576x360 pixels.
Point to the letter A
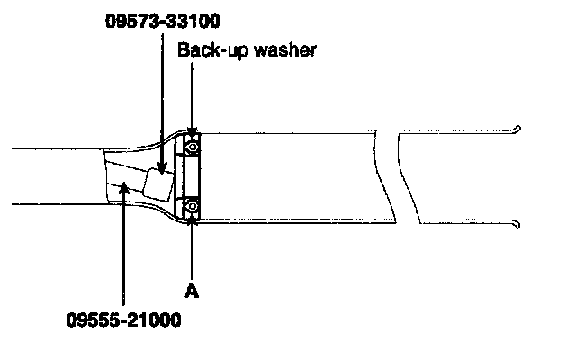click(x=191, y=290)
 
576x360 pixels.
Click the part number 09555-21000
click(x=123, y=318)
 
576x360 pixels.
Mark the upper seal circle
click(x=192, y=143)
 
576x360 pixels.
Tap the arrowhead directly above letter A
click(x=192, y=223)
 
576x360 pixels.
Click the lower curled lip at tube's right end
click(x=517, y=222)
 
